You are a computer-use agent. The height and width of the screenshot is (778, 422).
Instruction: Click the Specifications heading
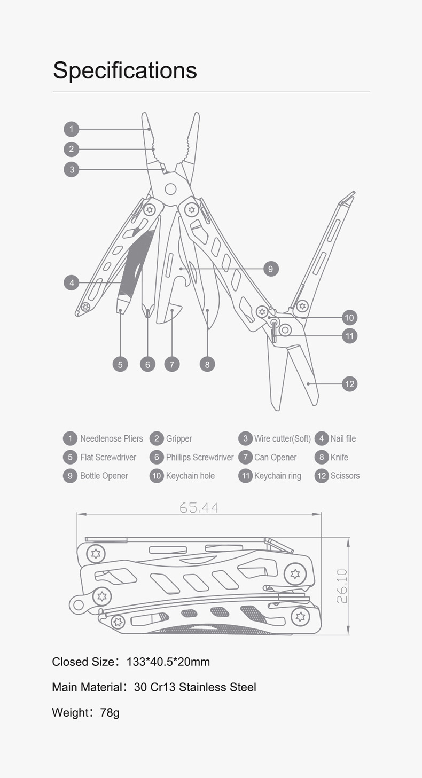tap(124, 71)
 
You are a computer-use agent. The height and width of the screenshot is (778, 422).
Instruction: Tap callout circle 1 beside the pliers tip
tap(72, 129)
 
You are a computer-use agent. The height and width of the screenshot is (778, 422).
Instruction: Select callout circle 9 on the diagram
tap(271, 269)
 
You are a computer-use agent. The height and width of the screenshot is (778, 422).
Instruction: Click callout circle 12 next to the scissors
tap(349, 384)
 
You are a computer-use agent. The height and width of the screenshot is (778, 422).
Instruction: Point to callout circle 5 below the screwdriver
tap(120, 364)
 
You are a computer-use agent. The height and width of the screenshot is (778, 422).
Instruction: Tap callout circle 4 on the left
tap(72, 282)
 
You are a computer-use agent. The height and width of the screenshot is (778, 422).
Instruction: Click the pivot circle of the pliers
tap(170, 189)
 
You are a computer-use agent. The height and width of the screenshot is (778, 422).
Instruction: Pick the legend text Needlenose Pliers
tap(112, 439)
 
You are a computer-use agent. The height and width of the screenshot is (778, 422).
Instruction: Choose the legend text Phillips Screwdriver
tap(200, 458)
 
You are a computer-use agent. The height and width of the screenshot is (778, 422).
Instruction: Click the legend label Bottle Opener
tap(104, 476)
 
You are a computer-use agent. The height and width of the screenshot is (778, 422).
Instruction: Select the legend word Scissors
tap(345, 476)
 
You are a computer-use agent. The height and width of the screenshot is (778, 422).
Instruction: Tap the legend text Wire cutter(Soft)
tap(283, 439)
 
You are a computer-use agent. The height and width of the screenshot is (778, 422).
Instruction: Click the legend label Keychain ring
tap(278, 476)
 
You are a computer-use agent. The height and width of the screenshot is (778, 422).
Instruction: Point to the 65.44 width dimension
tap(199, 508)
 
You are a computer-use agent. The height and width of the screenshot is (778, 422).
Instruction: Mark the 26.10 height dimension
tap(342, 586)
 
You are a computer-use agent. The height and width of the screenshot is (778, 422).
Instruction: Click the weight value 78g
tap(110, 713)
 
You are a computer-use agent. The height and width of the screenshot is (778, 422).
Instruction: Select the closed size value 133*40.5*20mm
tap(168, 662)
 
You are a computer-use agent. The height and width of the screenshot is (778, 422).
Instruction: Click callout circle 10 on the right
tap(349, 318)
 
